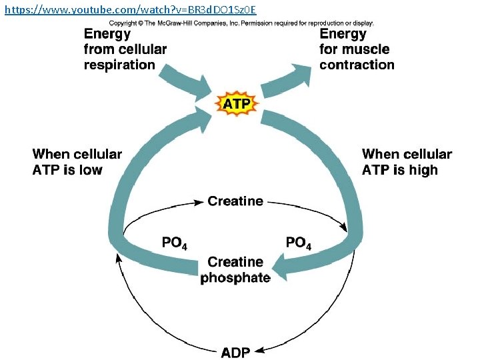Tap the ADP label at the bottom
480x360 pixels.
click(235, 351)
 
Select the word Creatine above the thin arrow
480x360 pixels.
click(235, 201)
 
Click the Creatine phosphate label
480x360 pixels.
click(235, 269)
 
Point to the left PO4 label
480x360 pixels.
click(175, 243)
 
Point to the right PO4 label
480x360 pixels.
click(298, 243)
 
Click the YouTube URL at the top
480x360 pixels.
click(130, 9)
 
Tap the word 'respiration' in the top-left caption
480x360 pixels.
click(119, 65)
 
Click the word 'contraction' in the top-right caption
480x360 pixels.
click(357, 65)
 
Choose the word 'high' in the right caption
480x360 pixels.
click(424, 170)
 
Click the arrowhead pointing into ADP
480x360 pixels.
click(260, 349)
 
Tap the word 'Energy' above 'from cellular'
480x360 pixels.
click(107, 33)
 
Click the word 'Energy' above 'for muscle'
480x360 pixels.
click(343, 33)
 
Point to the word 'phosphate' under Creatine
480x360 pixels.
click(235, 277)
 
